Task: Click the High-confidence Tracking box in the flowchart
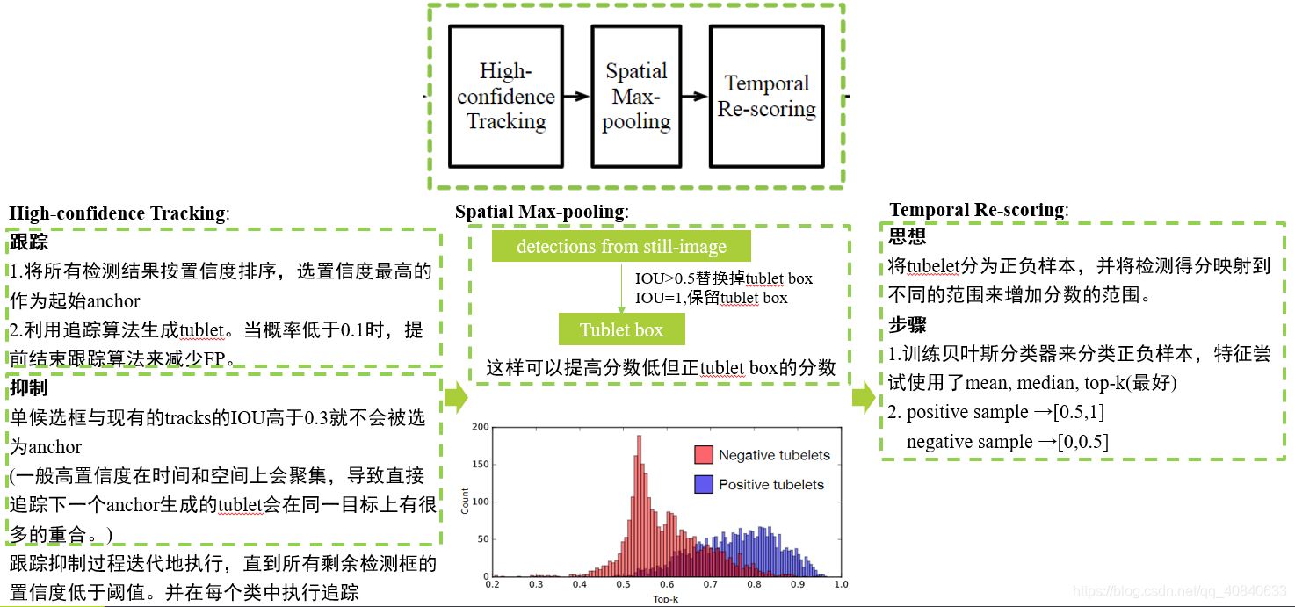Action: click(x=506, y=96)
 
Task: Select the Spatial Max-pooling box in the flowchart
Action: click(x=636, y=96)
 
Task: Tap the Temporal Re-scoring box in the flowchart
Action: click(x=766, y=96)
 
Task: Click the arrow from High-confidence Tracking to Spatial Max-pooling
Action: click(x=577, y=96)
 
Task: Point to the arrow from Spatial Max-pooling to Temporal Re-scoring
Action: click(x=696, y=96)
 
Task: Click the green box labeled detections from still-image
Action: click(x=621, y=246)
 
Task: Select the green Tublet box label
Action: click(x=621, y=330)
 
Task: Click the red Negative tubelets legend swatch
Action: click(x=703, y=455)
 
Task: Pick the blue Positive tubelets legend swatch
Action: click(x=703, y=484)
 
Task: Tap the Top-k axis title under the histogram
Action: click(x=666, y=597)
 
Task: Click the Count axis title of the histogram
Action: click(x=466, y=502)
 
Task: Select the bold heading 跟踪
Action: click(x=28, y=242)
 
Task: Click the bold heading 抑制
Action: click(x=28, y=387)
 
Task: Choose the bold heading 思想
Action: click(x=907, y=237)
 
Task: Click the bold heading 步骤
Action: click(x=907, y=324)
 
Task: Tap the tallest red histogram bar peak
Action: click(x=636, y=435)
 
